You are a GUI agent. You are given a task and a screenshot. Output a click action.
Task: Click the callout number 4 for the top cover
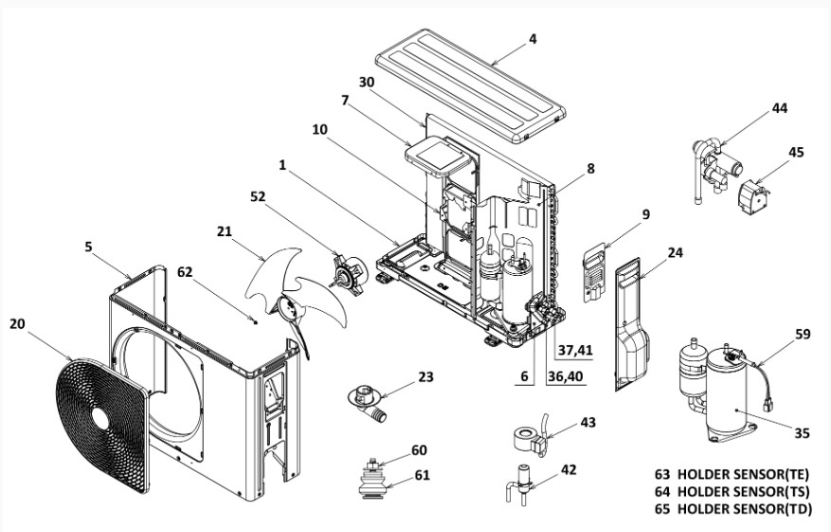[x=533, y=39]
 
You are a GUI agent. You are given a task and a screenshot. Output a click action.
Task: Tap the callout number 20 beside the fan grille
[x=18, y=323]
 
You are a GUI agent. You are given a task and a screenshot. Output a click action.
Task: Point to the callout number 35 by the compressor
[x=802, y=433]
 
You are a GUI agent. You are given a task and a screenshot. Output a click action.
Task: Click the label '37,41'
[x=575, y=350]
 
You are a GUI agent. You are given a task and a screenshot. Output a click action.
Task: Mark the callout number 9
[x=644, y=214]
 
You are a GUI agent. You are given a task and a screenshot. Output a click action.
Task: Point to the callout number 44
[x=779, y=108]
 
